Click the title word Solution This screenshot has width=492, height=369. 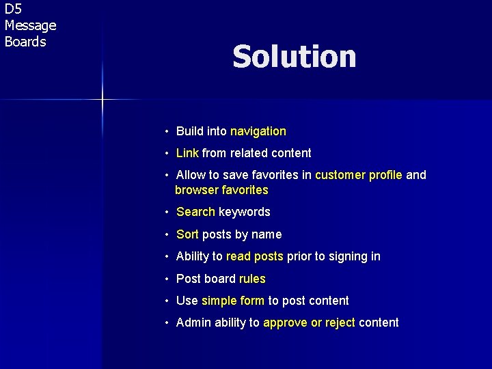(x=294, y=57)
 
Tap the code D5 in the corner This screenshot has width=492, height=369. (x=13, y=10)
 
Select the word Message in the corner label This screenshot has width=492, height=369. (x=30, y=26)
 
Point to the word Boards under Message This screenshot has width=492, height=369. (x=25, y=42)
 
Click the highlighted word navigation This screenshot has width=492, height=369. (x=258, y=131)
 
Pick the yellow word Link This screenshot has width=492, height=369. (x=187, y=153)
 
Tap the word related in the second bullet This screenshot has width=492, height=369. (x=252, y=153)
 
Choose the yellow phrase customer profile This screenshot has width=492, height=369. (x=359, y=175)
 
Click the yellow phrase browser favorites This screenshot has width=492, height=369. (x=222, y=190)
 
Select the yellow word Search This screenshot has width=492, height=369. (x=195, y=212)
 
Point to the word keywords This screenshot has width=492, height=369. (x=245, y=212)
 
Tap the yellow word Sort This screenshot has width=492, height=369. (x=187, y=234)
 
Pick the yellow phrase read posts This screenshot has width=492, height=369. (x=254, y=256)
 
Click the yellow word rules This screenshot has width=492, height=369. (x=252, y=279)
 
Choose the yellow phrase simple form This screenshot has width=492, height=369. (x=233, y=301)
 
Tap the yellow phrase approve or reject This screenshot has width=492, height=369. (x=309, y=323)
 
